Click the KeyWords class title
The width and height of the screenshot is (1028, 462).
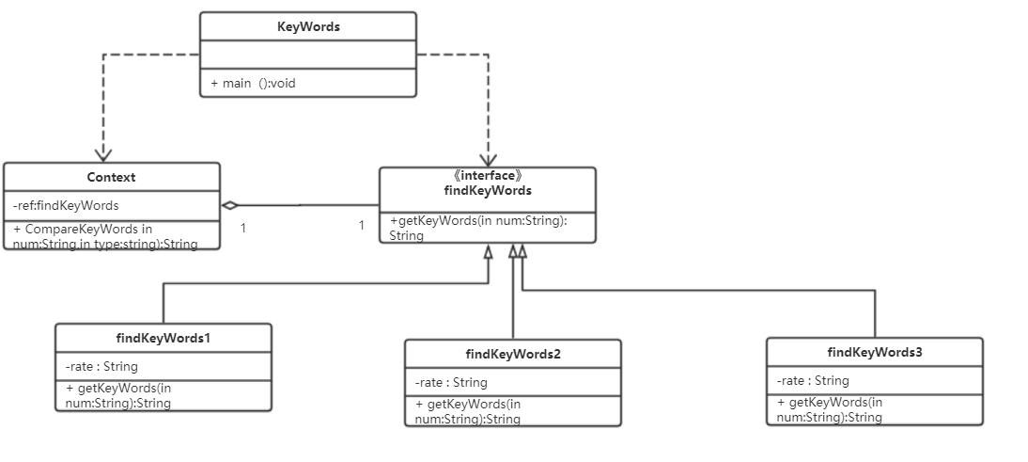(x=308, y=27)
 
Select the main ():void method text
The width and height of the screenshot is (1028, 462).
(x=253, y=84)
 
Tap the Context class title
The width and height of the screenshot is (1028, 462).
(x=111, y=177)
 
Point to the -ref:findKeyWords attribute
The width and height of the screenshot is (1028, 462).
(x=66, y=205)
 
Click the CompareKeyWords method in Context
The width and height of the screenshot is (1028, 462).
(x=105, y=236)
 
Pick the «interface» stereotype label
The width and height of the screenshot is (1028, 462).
(x=487, y=176)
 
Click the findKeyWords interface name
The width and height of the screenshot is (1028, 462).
(x=488, y=190)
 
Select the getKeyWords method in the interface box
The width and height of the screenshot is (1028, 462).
(x=478, y=228)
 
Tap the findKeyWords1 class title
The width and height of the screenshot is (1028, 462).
(x=164, y=339)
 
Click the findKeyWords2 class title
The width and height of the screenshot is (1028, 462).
(x=513, y=355)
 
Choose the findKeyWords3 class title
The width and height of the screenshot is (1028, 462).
(x=875, y=353)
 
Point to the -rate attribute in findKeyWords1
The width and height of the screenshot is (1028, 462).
(x=101, y=366)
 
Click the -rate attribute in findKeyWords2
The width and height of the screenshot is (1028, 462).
(x=451, y=382)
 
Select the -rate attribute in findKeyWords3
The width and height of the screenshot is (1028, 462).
(x=813, y=381)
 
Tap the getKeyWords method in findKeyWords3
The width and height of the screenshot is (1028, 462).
(x=830, y=409)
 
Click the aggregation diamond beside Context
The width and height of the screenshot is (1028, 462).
(x=230, y=205)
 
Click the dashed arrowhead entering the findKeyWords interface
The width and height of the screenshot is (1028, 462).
(x=489, y=160)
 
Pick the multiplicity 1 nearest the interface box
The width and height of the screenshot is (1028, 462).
(x=361, y=226)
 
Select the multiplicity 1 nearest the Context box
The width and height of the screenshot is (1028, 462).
(x=243, y=228)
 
